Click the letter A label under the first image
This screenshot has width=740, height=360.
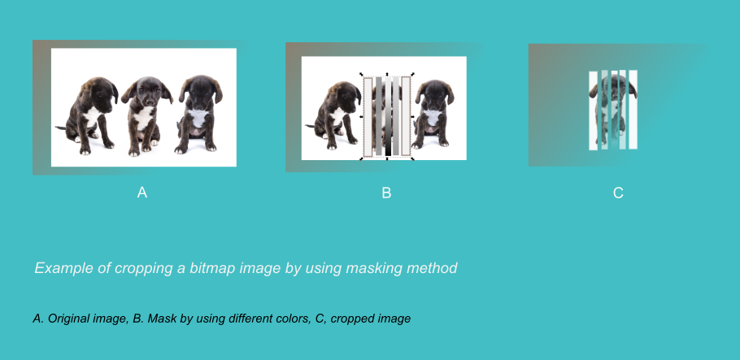point(142,193)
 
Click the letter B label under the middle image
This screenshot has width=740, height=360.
point(386,193)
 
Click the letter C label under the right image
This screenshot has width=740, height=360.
point(618,193)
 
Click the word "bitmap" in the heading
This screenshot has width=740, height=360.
point(212,268)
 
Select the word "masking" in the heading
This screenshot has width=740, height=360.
point(372,268)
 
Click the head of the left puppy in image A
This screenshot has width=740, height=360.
point(99,91)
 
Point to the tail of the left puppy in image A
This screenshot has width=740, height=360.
point(61,128)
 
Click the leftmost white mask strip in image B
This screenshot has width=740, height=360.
point(368,116)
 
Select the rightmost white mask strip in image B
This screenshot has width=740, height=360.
point(406,116)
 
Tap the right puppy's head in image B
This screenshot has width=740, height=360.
point(434,93)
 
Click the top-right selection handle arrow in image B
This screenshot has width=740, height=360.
point(412,75)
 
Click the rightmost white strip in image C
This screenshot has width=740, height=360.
point(633,110)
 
